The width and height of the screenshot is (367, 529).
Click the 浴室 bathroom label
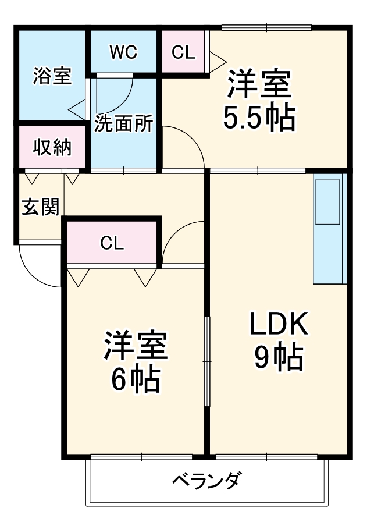point(52,76)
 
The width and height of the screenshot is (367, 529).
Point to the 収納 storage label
point(52,148)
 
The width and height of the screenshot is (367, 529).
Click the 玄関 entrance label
point(40,207)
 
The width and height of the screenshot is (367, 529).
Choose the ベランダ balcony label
point(207,481)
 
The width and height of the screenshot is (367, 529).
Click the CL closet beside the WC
point(183,52)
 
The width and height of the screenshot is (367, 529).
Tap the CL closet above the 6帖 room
point(112,243)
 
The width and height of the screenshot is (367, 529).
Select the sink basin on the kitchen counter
point(329,201)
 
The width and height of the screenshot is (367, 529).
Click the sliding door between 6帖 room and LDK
point(206,361)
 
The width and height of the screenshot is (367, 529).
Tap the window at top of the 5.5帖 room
point(266,27)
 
